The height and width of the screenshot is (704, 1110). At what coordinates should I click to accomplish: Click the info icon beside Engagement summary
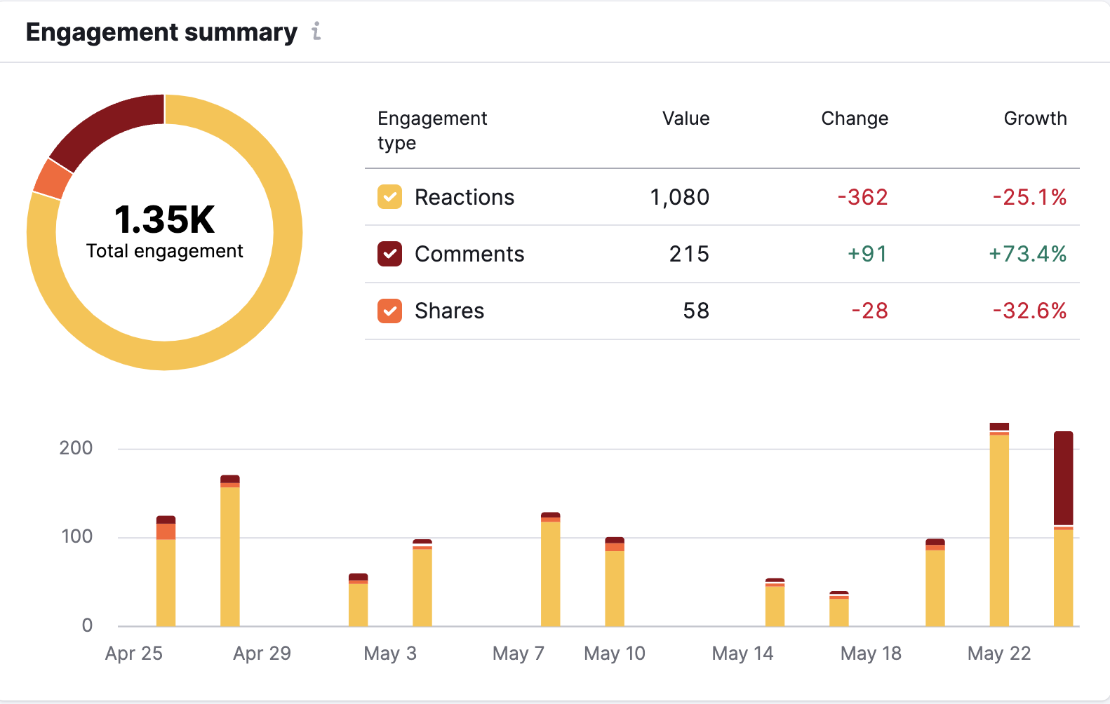316,31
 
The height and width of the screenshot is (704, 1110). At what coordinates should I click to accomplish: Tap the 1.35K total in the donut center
164,219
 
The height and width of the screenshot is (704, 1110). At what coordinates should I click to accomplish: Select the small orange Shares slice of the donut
53,179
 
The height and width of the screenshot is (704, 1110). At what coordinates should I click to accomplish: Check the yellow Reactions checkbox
389,197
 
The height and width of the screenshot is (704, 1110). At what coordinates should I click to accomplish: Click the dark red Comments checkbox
389,254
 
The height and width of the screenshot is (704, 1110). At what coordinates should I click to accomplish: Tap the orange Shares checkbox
389,311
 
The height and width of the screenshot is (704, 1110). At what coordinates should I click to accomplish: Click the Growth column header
1034,119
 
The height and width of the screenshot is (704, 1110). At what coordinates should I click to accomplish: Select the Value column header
686,119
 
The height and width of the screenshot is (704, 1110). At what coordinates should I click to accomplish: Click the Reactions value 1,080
679,197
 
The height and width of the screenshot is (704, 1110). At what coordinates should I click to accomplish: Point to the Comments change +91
867,254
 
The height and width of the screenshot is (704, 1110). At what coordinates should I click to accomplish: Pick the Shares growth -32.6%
1029,311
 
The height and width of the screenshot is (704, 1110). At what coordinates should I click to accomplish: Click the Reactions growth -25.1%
1029,197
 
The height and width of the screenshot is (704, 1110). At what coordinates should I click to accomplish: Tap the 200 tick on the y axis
76,448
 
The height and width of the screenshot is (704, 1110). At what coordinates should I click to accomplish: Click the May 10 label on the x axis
614,654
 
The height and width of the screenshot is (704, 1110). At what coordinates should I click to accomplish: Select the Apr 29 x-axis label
262,654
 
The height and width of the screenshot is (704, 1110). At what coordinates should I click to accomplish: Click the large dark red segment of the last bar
1063,478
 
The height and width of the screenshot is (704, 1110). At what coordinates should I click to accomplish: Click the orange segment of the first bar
166,532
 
